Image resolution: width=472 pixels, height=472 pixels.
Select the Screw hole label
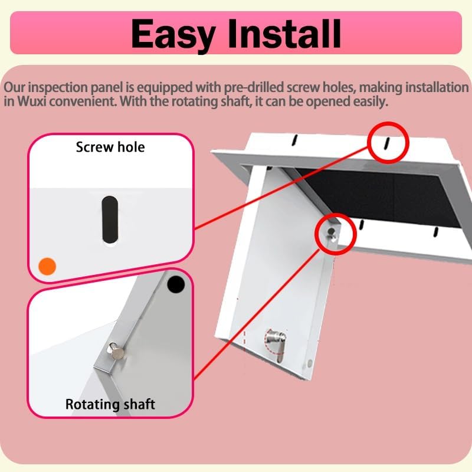click(x=110, y=147)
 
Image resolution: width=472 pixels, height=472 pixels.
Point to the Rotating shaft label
click(x=110, y=404)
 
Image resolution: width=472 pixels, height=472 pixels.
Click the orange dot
click(x=47, y=265)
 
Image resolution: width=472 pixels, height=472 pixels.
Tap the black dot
click(x=175, y=285)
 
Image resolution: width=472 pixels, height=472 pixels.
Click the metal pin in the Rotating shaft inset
click(x=116, y=352)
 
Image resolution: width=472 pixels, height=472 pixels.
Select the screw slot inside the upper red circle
click(x=386, y=143)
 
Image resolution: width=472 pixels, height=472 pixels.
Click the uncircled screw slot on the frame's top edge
click(x=293, y=140)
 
